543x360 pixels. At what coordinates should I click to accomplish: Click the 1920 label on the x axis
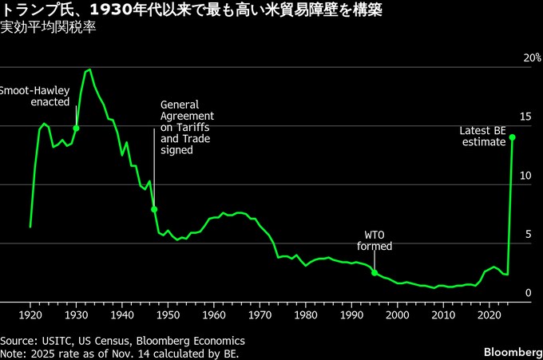(30, 315)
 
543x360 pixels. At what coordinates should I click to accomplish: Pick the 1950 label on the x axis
(168, 315)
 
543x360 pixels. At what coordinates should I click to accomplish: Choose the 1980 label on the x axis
(306, 315)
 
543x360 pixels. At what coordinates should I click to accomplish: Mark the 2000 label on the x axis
(398, 315)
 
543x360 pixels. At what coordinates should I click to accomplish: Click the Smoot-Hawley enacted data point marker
(76, 128)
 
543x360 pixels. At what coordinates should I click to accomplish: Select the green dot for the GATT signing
(154, 209)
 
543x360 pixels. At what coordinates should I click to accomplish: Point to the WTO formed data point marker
(375, 272)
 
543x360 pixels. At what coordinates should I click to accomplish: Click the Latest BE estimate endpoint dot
(513, 137)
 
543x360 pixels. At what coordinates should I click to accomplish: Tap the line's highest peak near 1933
(89, 69)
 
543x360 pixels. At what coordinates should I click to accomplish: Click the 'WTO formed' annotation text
(375, 241)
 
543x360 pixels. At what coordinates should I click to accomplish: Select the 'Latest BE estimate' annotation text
(483, 136)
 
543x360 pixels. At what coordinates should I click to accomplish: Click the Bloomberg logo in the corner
(511, 351)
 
